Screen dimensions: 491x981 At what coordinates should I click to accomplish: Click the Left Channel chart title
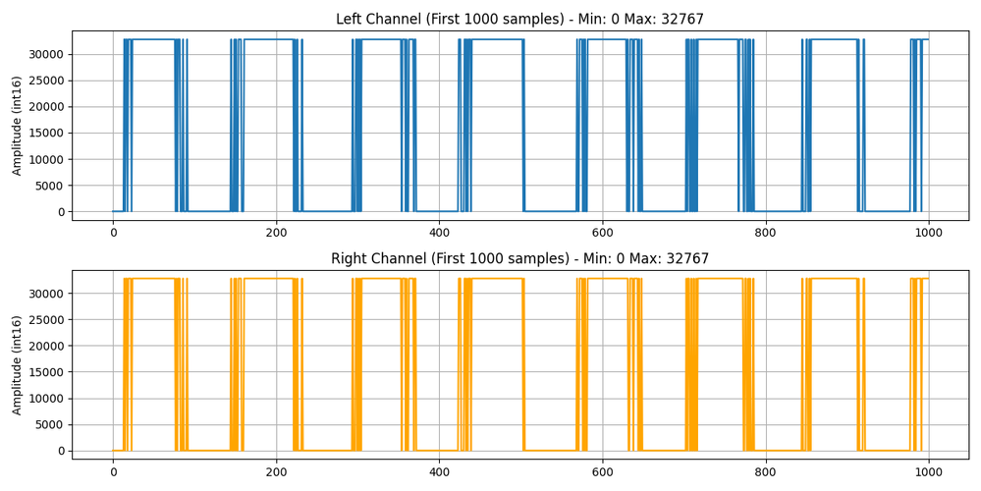tap(519, 20)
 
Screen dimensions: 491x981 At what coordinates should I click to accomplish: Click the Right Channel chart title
tap(519, 259)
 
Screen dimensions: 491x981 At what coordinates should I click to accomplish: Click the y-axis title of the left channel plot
tap(17, 125)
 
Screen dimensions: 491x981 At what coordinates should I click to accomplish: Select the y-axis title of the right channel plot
tap(17, 364)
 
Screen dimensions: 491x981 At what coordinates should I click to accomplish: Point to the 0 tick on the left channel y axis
tap(62, 212)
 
